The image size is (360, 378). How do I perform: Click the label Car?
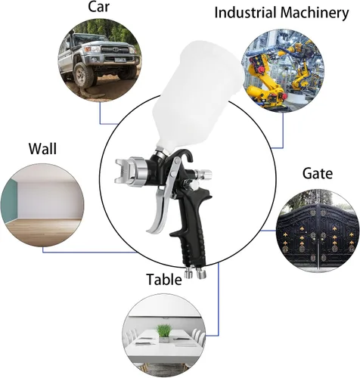[98, 7]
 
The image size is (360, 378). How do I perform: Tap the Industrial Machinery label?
[281, 13]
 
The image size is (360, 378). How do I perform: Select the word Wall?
[42, 149]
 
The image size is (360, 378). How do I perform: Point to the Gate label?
[318, 173]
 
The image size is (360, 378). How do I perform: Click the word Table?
[164, 279]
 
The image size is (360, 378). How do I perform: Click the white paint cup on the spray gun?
[198, 93]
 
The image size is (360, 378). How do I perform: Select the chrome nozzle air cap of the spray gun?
[130, 170]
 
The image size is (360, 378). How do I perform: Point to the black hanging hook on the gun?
[186, 153]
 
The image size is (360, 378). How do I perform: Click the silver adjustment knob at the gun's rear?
[203, 174]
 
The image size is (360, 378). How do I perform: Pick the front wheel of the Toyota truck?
[83, 75]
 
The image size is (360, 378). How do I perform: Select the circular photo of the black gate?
[318, 231]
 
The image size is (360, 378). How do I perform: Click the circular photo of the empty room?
[42, 205]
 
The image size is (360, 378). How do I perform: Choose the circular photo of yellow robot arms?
[283, 70]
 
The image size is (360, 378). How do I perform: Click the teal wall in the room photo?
[10, 202]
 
